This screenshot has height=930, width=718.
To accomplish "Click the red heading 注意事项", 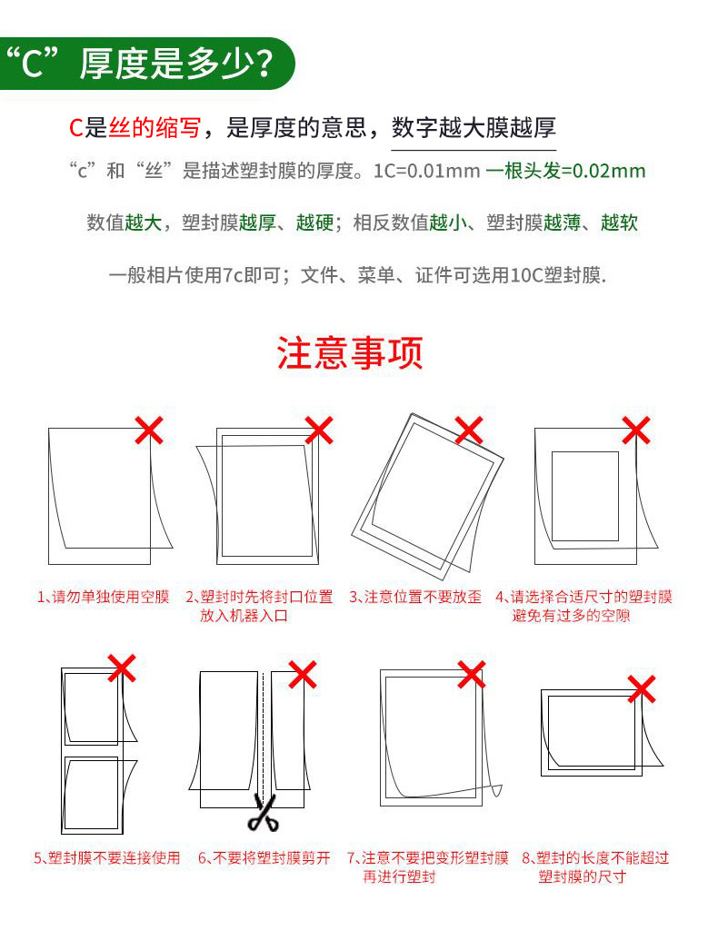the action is point(350,352).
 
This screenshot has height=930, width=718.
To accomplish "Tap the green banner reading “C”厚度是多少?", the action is point(146,64).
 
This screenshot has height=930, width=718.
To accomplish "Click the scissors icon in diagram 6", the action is point(264,813).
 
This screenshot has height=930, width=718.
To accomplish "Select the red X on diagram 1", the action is point(149,430).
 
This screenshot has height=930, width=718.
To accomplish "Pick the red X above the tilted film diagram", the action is point(469,430).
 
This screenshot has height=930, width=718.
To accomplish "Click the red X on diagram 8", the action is point(642,689).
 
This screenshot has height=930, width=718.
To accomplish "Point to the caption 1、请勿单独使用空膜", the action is point(104,597).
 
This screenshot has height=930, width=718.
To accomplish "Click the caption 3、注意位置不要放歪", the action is point(415,597).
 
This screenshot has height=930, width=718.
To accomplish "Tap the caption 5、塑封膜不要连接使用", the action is point(107,857).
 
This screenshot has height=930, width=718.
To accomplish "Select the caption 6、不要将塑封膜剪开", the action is point(264,857).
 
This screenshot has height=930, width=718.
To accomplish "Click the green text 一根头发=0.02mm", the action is point(565,171).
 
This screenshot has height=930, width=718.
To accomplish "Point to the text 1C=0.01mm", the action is point(426,172).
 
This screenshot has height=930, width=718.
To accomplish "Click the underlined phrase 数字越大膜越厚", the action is point(474,127).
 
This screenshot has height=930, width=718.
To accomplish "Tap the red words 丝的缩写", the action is point(155,127).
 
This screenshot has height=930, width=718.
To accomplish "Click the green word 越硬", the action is point(315,223).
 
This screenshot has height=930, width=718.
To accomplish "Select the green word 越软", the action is point(620,223).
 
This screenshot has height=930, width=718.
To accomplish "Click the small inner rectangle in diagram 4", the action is point(552,497).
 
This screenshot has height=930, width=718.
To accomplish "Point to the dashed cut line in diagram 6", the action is point(263,733).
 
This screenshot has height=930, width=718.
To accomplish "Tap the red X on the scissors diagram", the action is point(303,675).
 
